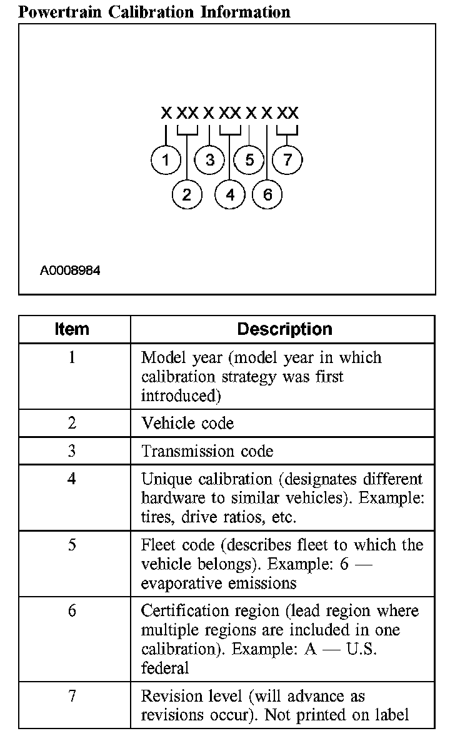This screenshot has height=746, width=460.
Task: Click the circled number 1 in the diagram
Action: (166, 160)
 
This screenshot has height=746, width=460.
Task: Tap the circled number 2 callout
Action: (187, 194)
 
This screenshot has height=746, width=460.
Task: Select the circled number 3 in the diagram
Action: (209, 160)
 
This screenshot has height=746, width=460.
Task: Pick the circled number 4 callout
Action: (230, 194)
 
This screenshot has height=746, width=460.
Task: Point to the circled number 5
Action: (249, 160)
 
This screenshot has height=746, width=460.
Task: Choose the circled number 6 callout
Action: (267, 194)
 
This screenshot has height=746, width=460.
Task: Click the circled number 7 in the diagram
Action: (287, 160)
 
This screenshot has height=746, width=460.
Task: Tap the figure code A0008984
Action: (70, 271)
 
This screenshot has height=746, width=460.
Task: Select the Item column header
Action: (72, 329)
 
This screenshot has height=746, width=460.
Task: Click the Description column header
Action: (284, 329)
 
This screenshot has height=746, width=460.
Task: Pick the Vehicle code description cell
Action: (187, 423)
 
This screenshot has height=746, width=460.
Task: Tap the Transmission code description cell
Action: (207, 450)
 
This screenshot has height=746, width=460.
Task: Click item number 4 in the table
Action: (72, 479)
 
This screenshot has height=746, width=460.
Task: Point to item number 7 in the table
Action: (72, 695)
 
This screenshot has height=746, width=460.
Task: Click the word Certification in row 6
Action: (186, 610)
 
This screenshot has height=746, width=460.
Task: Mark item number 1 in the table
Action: (72, 358)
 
